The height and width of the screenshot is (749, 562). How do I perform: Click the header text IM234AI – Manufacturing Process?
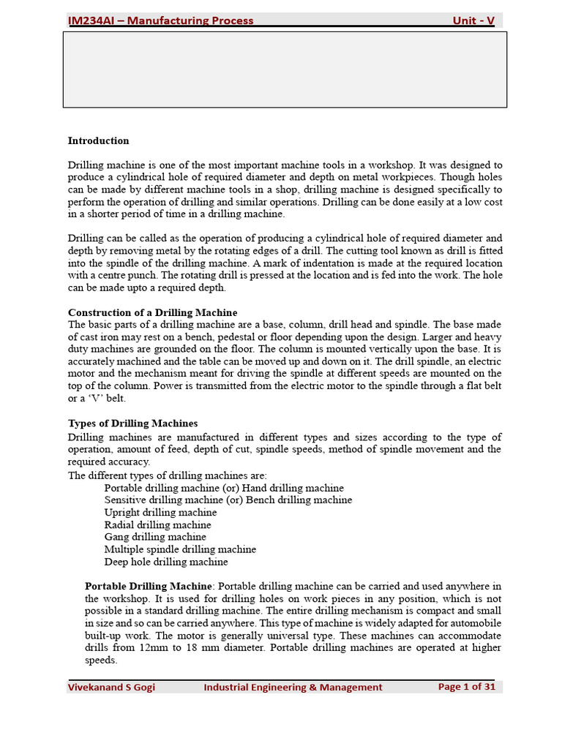[x=160, y=20]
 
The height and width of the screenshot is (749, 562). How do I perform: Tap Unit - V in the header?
[x=473, y=20]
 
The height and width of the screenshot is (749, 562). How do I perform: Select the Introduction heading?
[x=98, y=140]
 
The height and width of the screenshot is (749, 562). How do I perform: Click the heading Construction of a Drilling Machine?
[x=152, y=312]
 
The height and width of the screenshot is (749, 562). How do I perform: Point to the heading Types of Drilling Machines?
[x=132, y=423]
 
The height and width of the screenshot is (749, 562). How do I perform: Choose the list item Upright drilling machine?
[x=160, y=512]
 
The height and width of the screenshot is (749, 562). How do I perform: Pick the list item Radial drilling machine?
[x=157, y=524]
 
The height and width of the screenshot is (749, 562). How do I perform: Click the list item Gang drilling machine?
[x=155, y=537]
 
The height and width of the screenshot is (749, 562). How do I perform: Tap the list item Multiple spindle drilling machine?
[x=180, y=549]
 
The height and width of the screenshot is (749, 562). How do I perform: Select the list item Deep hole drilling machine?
[x=166, y=562]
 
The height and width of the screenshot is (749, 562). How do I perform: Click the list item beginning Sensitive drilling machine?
[x=228, y=500]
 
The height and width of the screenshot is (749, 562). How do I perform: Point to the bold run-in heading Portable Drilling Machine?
[x=149, y=586]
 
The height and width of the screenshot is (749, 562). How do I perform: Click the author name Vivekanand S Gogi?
[x=111, y=687]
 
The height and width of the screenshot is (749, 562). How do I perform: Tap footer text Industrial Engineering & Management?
[x=293, y=687]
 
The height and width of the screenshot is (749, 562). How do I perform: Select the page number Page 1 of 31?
[x=467, y=687]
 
